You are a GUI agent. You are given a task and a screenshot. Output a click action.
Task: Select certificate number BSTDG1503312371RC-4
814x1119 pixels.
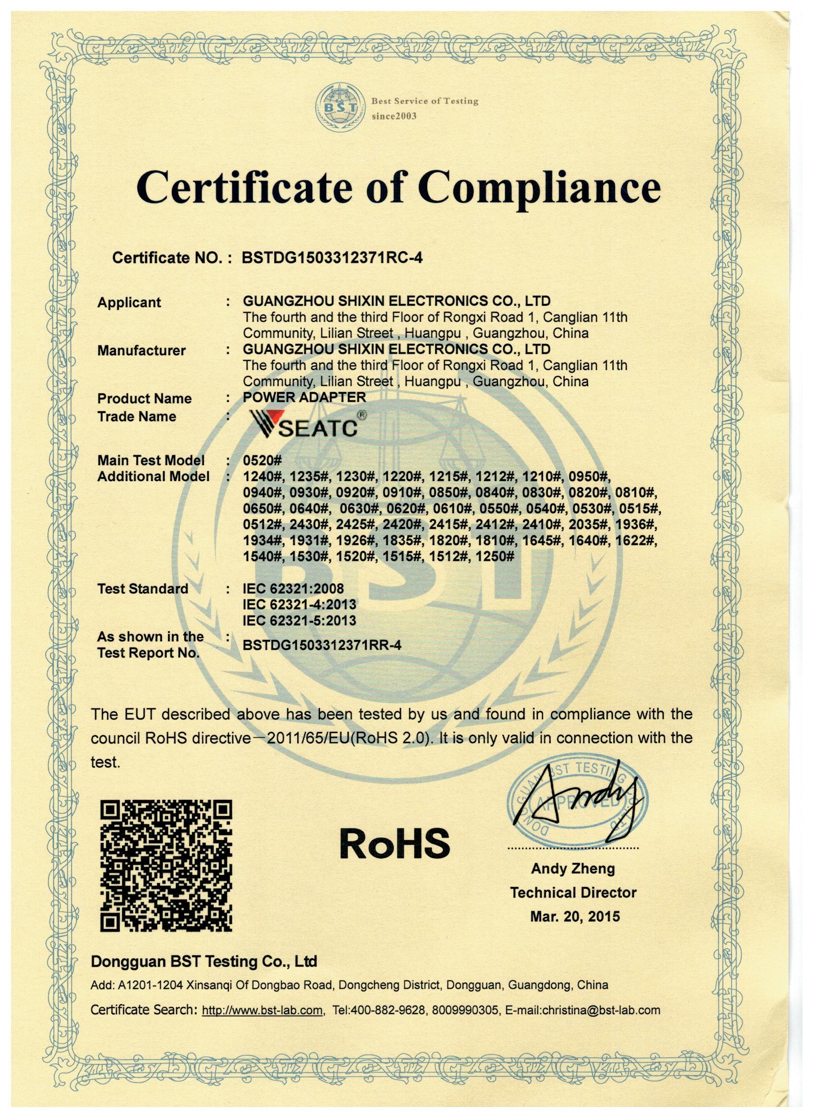point(332,257)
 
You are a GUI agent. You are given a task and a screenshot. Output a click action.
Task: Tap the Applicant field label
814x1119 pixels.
point(129,302)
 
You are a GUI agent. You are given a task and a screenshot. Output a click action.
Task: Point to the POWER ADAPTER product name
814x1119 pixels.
point(304,397)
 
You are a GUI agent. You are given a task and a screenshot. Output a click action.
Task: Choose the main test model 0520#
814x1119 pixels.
point(261,460)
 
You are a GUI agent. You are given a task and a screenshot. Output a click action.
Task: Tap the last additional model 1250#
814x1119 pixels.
point(495,557)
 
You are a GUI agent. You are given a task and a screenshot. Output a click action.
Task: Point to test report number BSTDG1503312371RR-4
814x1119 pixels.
point(322,645)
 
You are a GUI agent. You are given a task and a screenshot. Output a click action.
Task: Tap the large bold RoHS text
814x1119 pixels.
point(395,843)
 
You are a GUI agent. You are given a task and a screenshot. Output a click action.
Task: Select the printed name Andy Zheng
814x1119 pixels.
point(573,883)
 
